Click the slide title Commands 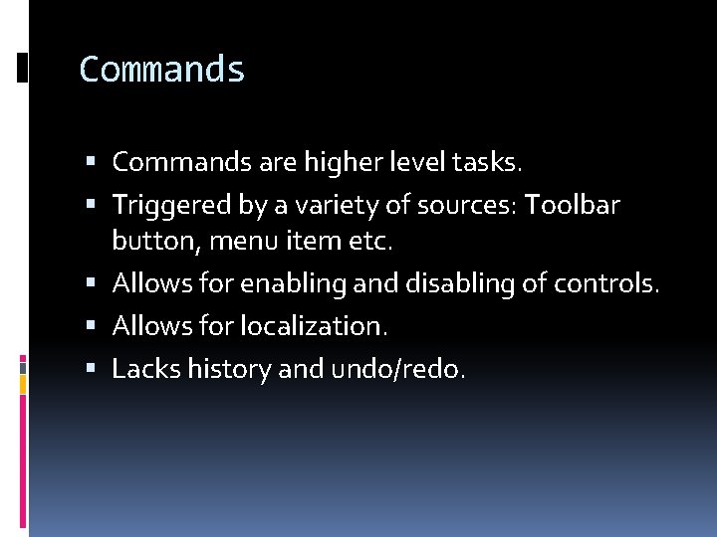(x=161, y=70)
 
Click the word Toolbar (x=572, y=205)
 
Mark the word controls (x=604, y=283)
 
